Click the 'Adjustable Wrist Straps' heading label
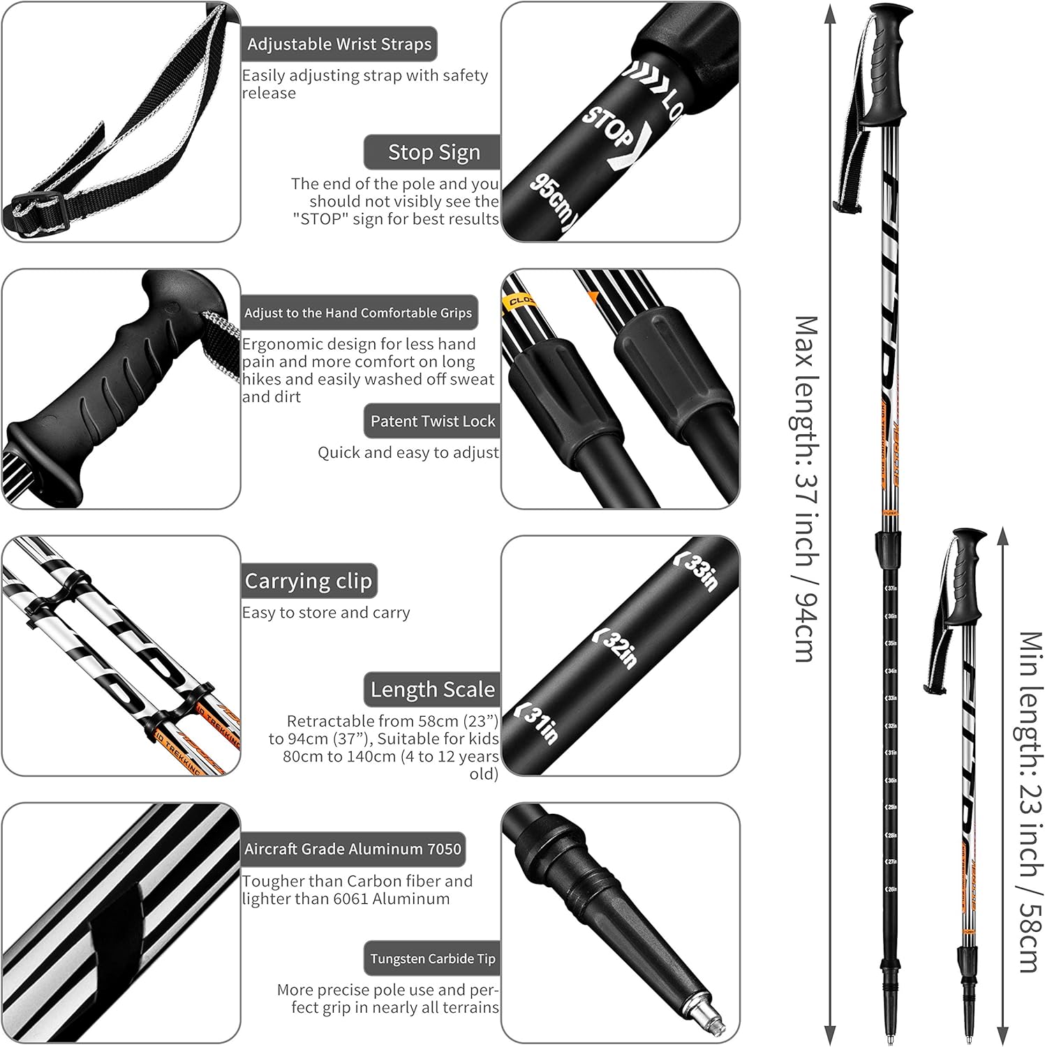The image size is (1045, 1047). (339, 45)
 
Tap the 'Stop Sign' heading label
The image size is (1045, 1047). (433, 152)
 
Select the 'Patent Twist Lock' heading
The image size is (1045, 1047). (433, 421)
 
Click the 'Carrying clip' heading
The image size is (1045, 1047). (309, 581)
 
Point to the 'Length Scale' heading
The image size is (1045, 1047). (433, 690)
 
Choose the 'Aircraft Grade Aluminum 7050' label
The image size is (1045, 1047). (353, 849)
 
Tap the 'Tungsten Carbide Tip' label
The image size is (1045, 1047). (433, 958)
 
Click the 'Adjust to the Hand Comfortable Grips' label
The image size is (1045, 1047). (358, 313)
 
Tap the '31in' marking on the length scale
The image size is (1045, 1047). (538, 723)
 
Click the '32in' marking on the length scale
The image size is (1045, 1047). (617, 648)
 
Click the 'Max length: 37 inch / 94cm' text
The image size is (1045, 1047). (806, 489)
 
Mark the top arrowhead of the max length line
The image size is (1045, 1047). (829, 10)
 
